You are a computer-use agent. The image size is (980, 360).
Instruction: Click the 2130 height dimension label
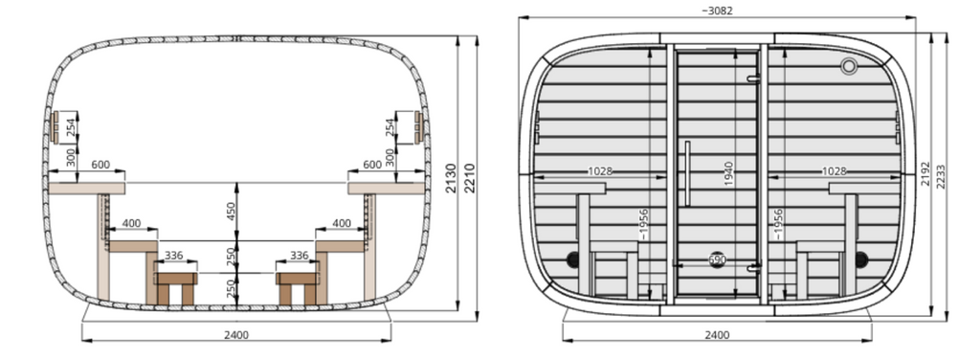point(452,178)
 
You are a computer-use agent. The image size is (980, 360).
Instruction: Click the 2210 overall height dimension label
point(470,178)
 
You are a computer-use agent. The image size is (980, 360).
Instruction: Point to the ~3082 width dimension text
point(717,11)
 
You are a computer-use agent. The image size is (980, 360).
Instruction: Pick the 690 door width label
point(718,259)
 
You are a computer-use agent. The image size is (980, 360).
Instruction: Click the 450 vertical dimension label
point(231,212)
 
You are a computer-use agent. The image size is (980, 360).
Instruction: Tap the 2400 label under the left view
point(236,335)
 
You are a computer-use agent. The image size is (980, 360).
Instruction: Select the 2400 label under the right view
point(717,335)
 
